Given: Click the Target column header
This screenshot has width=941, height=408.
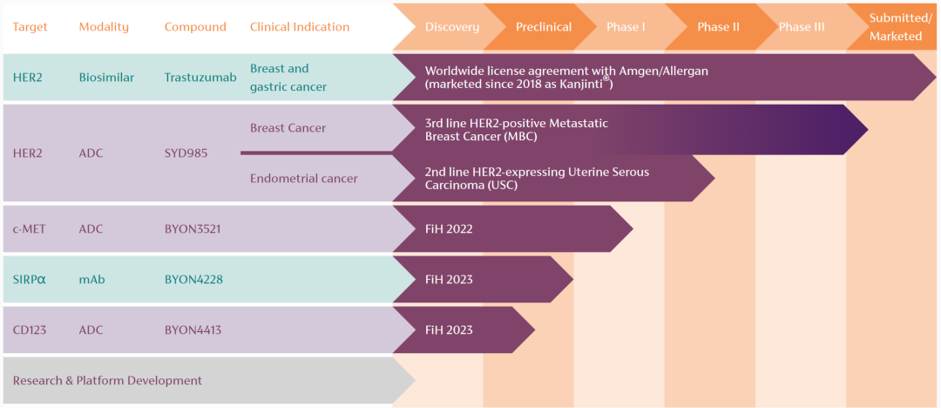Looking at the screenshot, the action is pyautogui.click(x=30, y=27).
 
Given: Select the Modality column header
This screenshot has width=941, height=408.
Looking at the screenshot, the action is pyautogui.click(x=103, y=27).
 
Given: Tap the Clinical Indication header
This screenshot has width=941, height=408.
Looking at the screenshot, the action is pyautogui.click(x=300, y=27).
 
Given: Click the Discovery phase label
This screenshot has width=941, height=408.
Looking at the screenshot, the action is pyautogui.click(x=452, y=27).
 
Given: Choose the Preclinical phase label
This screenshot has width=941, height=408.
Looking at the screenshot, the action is pyautogui.click(x=544, y=27).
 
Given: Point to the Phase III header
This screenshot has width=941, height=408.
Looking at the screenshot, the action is pyautogui.click(x=802, y=27).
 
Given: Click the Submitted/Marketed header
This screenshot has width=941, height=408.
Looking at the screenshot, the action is pyautogui.click(x=904, y=27).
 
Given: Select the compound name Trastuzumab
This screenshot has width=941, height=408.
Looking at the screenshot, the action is pyautogui.click(x=200, y=77).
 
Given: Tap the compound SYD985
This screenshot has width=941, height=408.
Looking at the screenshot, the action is pyautogui.click(x=186, y=153).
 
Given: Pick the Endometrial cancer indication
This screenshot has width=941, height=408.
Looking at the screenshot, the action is pyautogui.click(x=304, y=178).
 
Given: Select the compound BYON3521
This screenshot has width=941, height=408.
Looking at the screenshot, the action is pyautogui.click(x=193, y=228).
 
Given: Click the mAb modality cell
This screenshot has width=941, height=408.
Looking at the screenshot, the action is pyautogui.click(x=91, y=279).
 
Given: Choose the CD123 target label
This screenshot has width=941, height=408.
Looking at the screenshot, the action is pyautogui.click(x=30, y=330).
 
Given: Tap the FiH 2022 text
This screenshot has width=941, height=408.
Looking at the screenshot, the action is pyautogui.click(x=449, y=228).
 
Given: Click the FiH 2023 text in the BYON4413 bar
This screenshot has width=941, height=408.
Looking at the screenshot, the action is pyautogui.click(x=449, y=330).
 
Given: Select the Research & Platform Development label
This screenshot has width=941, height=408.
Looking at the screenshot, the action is pyautogui.click(x=107, y=380).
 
